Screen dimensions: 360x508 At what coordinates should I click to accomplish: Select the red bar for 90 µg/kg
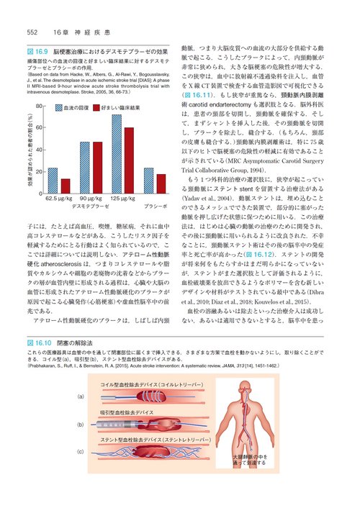pos(97,168)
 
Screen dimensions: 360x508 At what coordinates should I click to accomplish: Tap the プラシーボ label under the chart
pos(156,205)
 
